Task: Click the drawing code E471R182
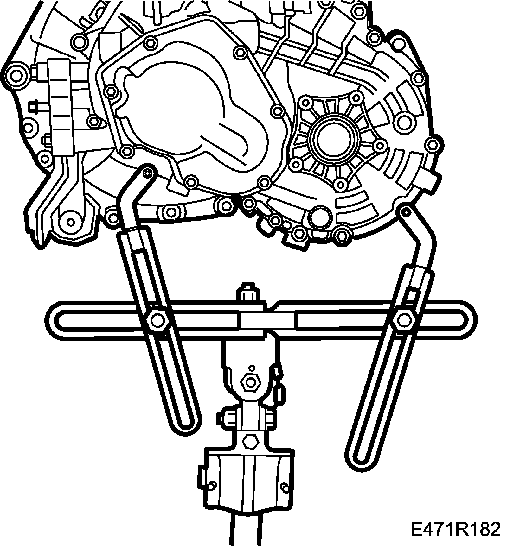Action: click(455, 529)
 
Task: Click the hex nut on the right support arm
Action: click(403, 320)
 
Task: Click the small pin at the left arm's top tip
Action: click(146, 173)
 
